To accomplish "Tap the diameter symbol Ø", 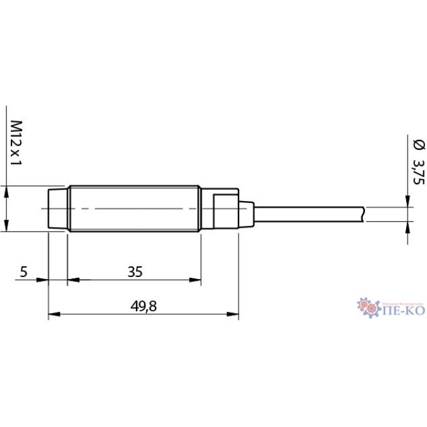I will [x=417, y=145].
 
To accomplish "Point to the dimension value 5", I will [x=23, y=272].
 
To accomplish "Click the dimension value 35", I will [x=134, y=272].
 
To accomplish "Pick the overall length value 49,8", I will [x=144, y=306].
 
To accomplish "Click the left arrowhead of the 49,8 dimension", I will [x=53, y=314].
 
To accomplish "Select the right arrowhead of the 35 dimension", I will [x=196, y=280].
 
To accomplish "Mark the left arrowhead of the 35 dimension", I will [x=72, y=280].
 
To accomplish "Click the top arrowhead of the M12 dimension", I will [x=7, y=191].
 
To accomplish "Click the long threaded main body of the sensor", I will [x=134, y=209].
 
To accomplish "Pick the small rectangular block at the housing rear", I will [x=225, y=211].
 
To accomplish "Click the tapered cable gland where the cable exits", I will [x=247, y=213].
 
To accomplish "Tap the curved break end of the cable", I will [x=364, y=214].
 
